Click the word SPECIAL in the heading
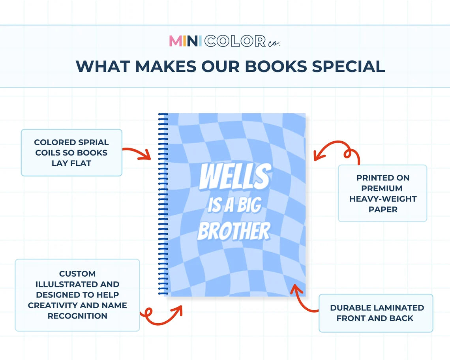pos(349,66)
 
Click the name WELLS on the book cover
pos(235,176)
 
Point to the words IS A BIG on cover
pos(234,205)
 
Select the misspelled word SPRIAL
pos(94,142)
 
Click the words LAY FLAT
pos(71,163)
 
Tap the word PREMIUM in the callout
pos(382,188)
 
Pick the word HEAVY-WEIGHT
pos(382,199)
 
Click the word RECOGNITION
pos(77,316)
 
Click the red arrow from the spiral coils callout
pos(137,153)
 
